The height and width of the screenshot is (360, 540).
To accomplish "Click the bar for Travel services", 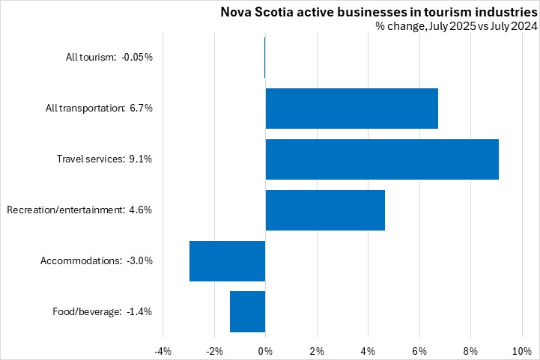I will coord(382,159).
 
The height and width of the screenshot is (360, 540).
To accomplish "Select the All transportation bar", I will coord(351,108).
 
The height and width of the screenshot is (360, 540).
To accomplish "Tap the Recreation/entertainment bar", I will coord(325,210).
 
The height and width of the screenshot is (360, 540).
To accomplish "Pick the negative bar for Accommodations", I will coord(228,260).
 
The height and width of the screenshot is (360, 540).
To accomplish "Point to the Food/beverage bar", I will coord(247,311).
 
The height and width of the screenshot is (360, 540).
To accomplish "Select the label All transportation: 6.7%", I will coord(99,108).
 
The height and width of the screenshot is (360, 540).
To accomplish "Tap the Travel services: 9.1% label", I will coord(105,159).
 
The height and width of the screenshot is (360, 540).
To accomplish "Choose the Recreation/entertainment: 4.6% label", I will coord(79,210).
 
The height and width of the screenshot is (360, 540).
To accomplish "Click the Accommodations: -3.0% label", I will coord(97,260).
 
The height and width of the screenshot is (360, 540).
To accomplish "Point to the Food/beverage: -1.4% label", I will coord(103,311).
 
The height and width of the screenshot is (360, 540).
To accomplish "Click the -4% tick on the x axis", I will coord(163,351).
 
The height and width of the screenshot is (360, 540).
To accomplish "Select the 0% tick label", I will coord(265,351).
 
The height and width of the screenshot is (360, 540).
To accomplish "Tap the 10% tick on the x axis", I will coord(521,351).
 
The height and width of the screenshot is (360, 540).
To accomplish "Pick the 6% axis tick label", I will coord(419,351).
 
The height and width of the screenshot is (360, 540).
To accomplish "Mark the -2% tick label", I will coord(213,351).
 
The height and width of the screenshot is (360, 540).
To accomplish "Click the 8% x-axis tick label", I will coord(470,351).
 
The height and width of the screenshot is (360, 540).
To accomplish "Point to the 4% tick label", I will coord(368,351).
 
